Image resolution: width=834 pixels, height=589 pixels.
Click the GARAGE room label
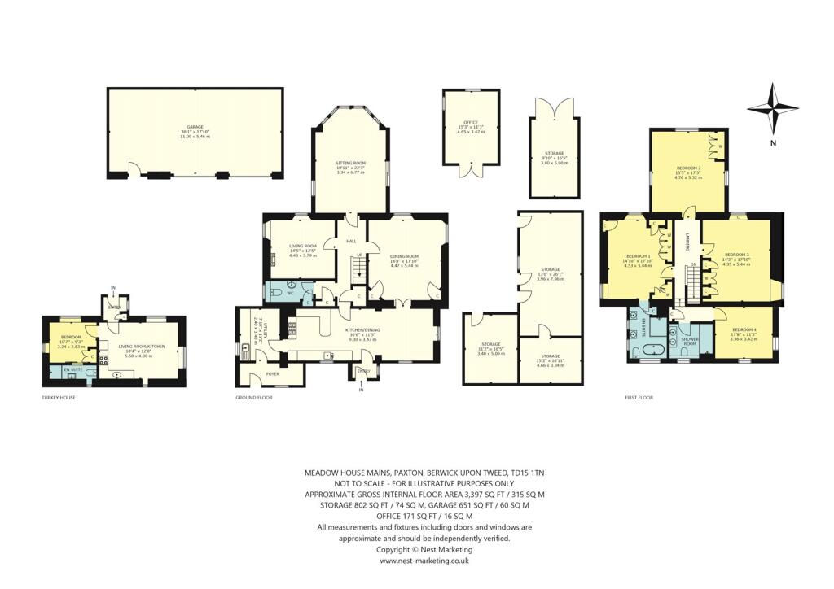(x=195, y=128)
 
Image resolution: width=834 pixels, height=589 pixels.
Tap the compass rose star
(x=773, y=109)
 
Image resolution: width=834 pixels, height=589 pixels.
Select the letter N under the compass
(x=774, y=144)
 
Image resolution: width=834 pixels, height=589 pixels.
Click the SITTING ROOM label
(x=351, y=164)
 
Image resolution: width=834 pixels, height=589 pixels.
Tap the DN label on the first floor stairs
(x=693, y=264)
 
